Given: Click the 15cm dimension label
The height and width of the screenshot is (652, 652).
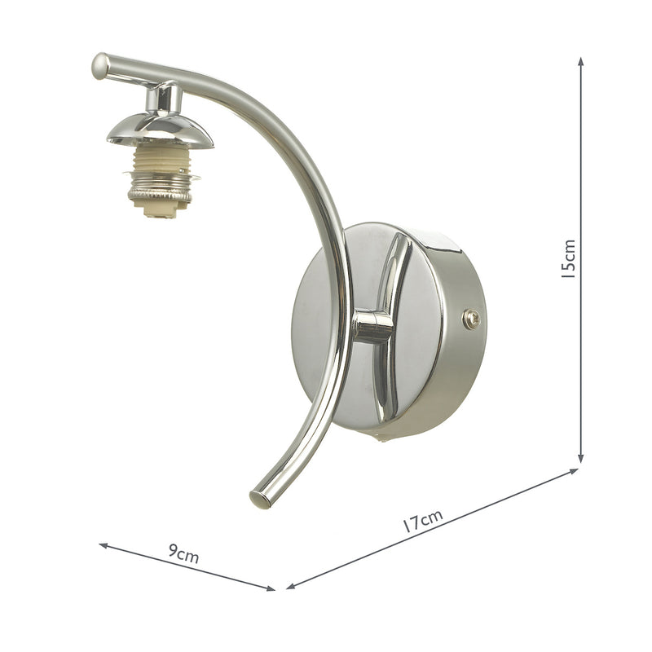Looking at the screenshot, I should tap(569, 259).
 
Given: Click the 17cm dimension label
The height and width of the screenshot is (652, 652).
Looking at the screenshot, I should tap(423, 520).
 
